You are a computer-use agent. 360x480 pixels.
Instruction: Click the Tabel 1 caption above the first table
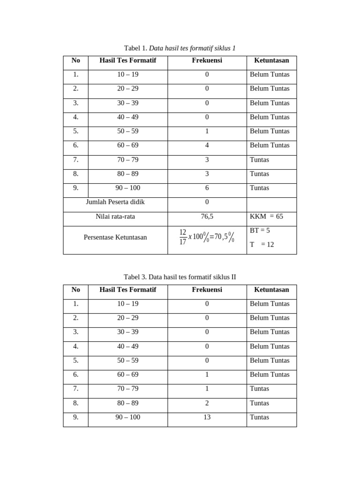point(180,48)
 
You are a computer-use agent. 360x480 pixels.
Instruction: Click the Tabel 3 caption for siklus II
point(180,277)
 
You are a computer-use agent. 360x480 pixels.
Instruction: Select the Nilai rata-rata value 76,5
point(207,217)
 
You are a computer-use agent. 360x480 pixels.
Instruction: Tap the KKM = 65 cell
point(266,217)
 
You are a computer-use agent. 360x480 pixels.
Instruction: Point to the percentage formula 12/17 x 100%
point(206,237)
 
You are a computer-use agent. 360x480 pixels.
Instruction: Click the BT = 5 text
point(260,231)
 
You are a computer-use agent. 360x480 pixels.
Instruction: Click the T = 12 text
point(262,244)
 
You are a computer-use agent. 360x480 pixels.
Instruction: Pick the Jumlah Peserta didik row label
point(115,202)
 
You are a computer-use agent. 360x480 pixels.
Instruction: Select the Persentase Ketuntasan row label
point(115,237)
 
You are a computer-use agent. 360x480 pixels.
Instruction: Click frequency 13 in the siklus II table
point(207,417)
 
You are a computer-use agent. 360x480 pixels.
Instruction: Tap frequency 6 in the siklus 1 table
point(207,188)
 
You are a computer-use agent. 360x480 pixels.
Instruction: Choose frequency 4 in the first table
point(207,145)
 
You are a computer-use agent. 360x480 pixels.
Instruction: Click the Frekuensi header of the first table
point(207,60)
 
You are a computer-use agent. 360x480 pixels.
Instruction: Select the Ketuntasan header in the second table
point(271,290)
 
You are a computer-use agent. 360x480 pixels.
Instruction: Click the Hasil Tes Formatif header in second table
point(127,290)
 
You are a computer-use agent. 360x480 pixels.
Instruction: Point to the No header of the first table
point(76,60)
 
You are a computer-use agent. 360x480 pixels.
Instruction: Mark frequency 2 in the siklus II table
point(207,403)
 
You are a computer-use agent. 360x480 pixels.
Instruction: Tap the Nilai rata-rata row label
point(115,217)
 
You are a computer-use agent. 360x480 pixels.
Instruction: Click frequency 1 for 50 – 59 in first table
point(207,131)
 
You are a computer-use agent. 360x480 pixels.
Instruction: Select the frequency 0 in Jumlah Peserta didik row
point(207,202)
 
